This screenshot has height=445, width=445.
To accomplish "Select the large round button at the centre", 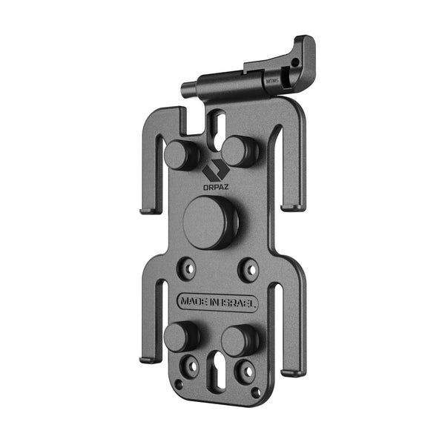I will [210, 222].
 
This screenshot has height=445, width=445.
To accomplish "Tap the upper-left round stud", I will [180, 154].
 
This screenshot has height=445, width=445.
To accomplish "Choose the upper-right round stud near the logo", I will [239, 151].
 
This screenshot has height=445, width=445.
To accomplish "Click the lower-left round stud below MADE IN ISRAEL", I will [180, 337].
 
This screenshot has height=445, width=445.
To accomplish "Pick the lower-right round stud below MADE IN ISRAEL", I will [238, 340].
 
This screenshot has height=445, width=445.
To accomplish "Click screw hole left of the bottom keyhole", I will [191, 366].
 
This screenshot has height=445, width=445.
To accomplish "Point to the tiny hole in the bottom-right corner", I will [255, 391].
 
